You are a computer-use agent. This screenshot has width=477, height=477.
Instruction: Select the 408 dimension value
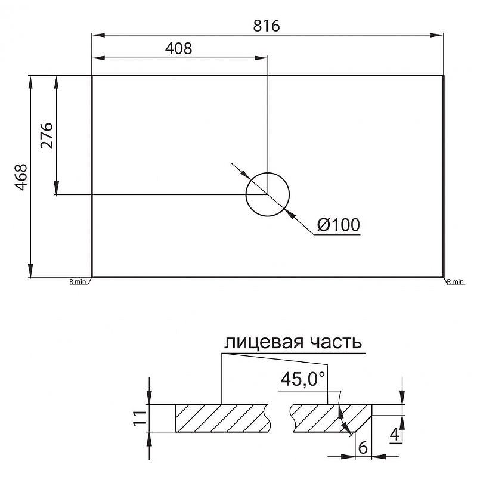(178, 49)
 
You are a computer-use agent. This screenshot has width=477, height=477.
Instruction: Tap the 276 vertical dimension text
(47, 135)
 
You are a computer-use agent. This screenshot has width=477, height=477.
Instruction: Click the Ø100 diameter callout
(338, 225)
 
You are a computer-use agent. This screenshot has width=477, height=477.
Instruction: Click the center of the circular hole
(268, 194)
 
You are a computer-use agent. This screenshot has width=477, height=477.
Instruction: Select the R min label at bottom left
(78, 281)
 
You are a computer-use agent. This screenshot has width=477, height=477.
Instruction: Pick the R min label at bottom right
(455, 281)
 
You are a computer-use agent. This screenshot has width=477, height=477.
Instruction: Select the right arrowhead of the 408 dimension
(263, 58)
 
